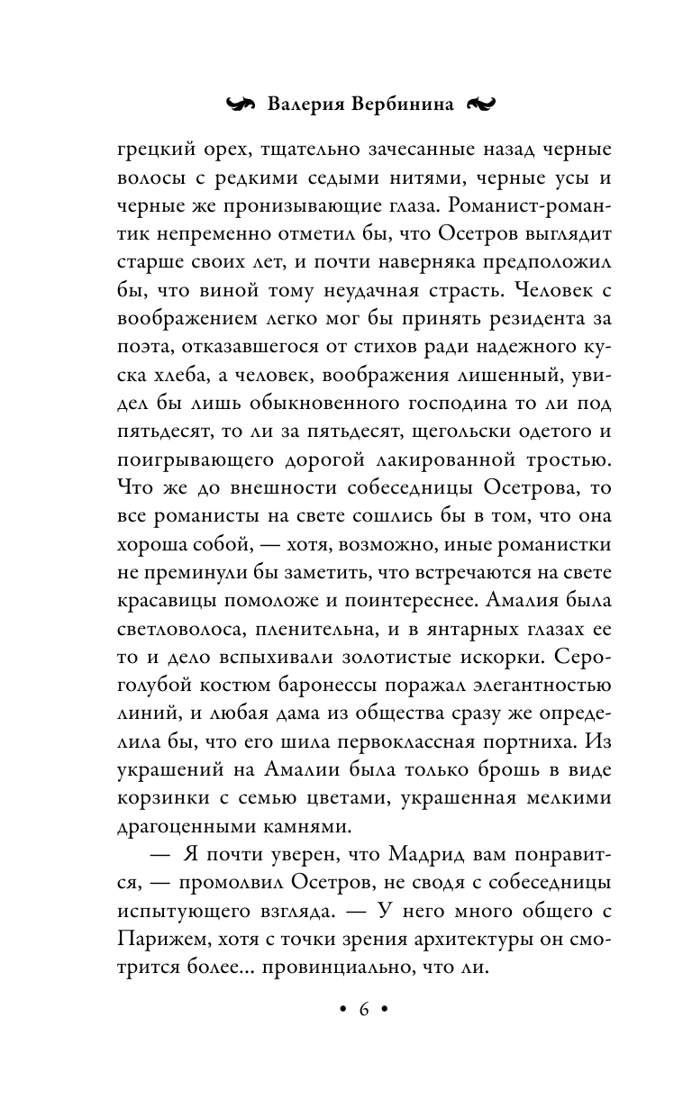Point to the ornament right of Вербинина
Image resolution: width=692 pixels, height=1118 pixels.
[x=479, y=104]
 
